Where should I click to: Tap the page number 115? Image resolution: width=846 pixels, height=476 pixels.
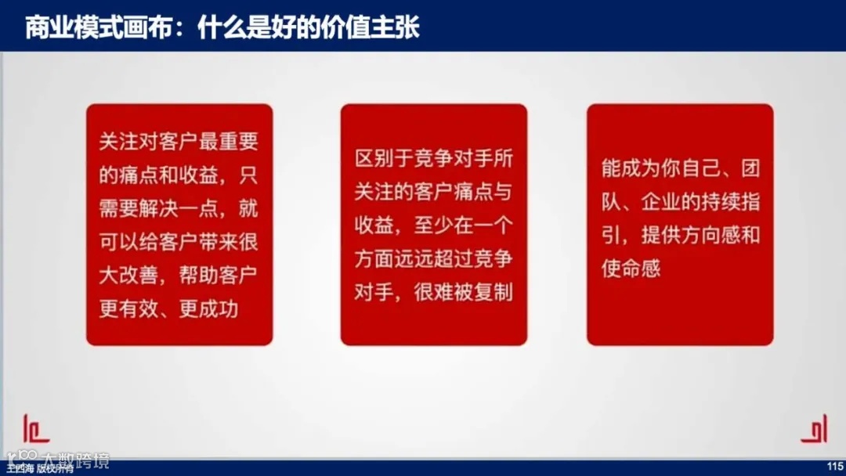click(x=833, y=467)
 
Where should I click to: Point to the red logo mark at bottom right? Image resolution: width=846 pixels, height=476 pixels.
click(x=814, y=428)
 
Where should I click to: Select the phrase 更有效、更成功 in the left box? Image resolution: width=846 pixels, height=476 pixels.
click(x=168, y=308)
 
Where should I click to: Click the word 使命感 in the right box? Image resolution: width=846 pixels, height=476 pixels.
click(x=631, y=268)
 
